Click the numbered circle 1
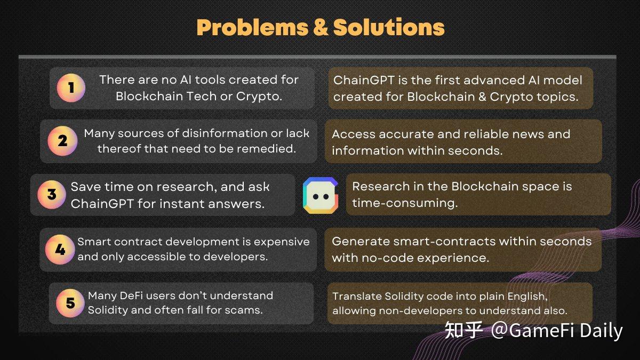[71, 88]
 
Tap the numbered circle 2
[62, 141]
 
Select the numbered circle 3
[52, 194]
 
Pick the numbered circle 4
[60, 249]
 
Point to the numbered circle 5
[70, 303]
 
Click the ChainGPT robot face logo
[320, 195]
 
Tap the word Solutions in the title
[389, 27]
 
